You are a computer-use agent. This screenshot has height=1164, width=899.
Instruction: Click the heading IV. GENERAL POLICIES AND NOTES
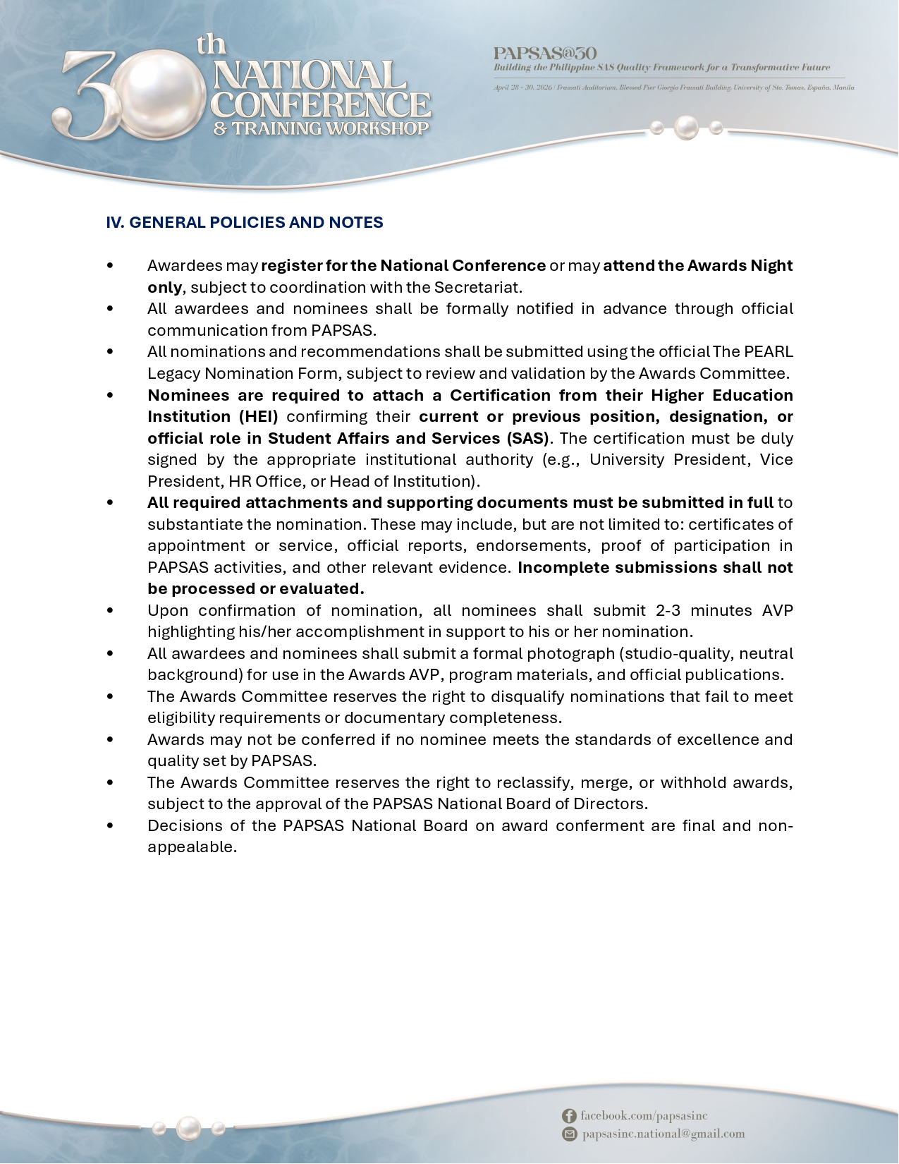(244, 222)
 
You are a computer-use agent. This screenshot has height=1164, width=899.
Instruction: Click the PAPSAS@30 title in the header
(544, 53)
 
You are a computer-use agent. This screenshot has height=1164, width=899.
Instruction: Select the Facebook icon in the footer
(569, 1115)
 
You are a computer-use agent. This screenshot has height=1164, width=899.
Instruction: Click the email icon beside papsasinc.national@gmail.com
(569, 1134)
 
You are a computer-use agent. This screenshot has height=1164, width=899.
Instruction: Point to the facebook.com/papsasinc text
(644, 1115)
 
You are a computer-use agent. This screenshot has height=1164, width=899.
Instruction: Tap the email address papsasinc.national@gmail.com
(663, 1134)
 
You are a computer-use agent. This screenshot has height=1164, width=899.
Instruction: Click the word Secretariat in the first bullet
(477, 287)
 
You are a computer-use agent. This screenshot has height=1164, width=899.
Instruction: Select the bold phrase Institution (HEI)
(212, 416)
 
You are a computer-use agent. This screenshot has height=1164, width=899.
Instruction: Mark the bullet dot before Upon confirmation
(110, 610)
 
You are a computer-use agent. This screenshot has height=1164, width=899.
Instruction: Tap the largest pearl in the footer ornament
(188, 1127)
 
